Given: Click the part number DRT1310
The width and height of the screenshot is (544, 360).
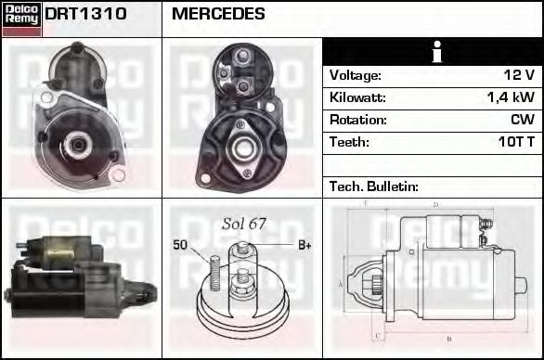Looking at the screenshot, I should click(x=85, y=15).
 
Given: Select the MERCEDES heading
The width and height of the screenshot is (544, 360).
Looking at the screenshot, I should click(x=218, y=15).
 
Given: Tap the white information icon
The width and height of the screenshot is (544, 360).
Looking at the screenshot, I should click(x=432, y=52).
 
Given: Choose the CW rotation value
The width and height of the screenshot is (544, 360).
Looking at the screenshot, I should click(x=523, y=120).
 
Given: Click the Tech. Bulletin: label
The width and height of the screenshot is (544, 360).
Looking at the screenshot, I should click(x=374, y=186).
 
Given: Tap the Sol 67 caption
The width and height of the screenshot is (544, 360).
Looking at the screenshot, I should click(x=244, y=225).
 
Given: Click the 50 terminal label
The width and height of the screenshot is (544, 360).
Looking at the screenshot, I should click(x=181, y=245).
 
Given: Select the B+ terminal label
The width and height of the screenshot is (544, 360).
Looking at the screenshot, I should click(x=304, y=245).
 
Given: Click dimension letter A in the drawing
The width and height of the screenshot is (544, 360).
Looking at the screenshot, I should click(x=341, y=283).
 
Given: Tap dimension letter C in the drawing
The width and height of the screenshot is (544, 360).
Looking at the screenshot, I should click(x=375, y=335).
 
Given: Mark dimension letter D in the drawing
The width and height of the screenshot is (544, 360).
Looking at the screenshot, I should click(x=436, y=205).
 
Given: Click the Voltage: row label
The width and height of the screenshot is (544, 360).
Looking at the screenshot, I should click(x=355, y=75).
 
